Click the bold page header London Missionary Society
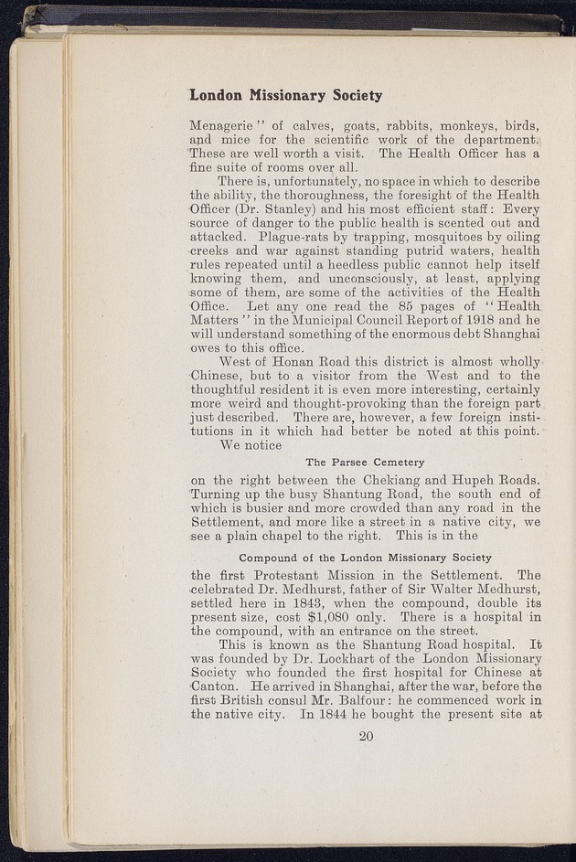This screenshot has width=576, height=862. coord(285,95)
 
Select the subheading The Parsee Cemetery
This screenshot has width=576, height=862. coord(365,463)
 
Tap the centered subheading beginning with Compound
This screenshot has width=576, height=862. coord(365,557)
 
